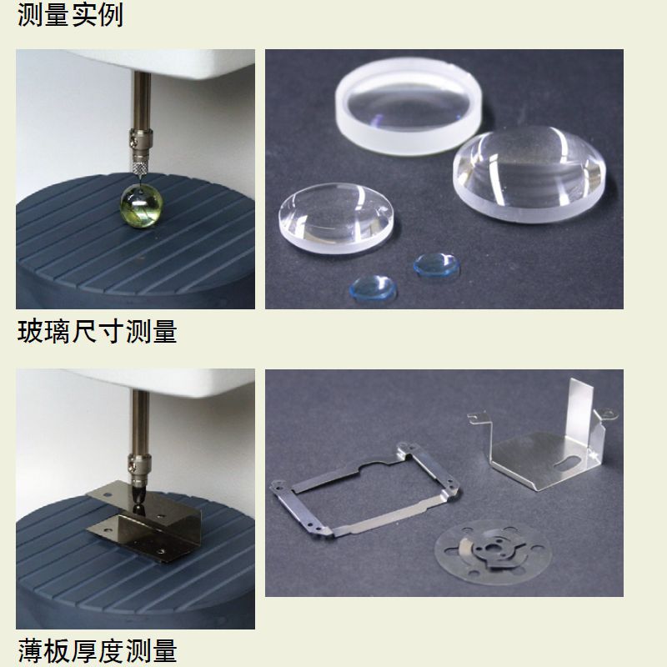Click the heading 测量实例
pos(70,14)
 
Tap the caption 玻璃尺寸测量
pos(98,331)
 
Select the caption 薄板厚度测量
pos(98,649)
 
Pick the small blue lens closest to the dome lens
pos(436,265)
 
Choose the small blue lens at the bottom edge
pos(372,286)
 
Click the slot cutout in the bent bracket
pos(570,461)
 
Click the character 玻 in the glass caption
pos(31,331)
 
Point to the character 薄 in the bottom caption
pos(31,649)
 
